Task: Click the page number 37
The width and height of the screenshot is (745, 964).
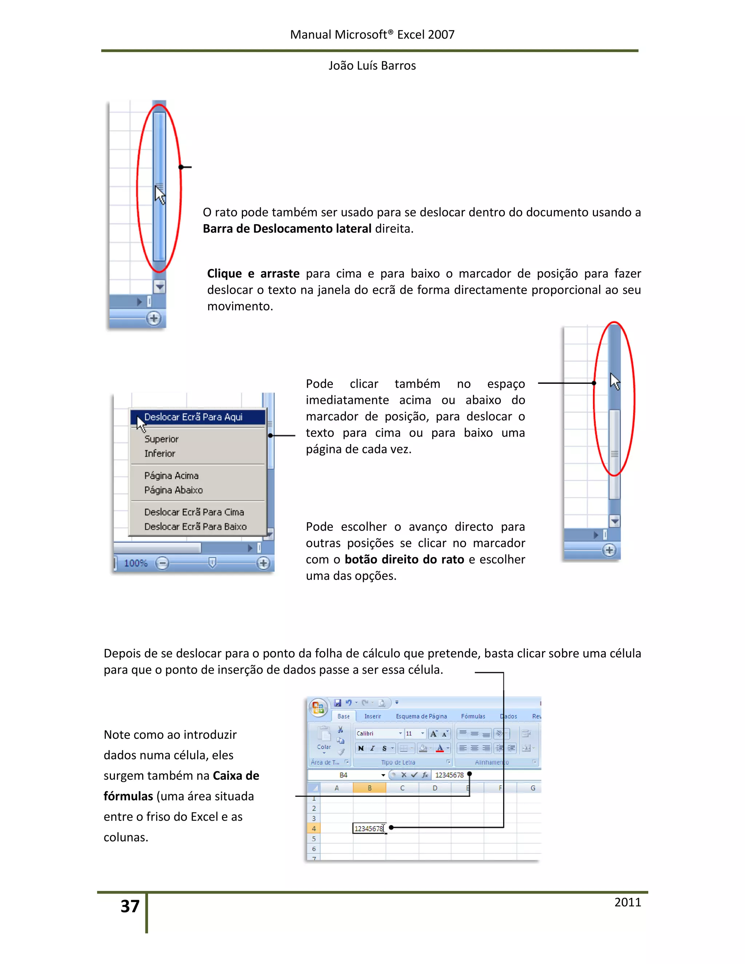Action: point(130,906)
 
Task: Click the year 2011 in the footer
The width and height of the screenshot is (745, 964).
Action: point(627,902)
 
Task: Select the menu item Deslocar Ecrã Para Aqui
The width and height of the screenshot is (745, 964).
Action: point(193,417)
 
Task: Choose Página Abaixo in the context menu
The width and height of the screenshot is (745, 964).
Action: point(174,490)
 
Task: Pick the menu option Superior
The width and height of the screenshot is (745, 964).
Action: point(162,439)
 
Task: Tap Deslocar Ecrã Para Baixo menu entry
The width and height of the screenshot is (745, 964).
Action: point(195,527)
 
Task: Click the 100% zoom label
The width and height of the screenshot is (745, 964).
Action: point(135,563)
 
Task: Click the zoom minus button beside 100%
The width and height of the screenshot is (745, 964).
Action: point(162,563)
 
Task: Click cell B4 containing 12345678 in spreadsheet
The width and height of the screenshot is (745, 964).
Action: point(369,828)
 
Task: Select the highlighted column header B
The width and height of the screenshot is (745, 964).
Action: point(370,788)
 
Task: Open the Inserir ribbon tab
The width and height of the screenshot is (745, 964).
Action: point(372,716)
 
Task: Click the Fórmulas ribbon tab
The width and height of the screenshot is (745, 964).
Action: point(473,716)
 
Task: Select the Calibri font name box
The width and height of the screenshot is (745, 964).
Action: point(376,734)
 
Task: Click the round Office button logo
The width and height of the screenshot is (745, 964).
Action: point(318,708)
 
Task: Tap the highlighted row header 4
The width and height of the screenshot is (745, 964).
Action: point(314,828)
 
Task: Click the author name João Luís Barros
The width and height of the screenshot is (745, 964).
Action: point(372,66)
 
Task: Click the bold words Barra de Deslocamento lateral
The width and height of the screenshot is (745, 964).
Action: point(287,229)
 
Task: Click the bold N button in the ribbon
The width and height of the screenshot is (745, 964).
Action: point(361,748)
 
